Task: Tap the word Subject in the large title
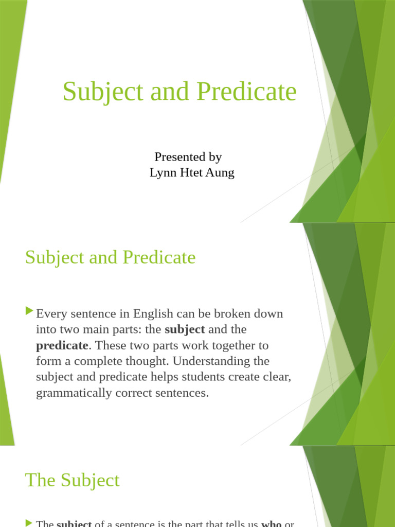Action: (x=103, y=92)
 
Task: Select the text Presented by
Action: (x=188, y=157)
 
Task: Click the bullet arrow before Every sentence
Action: (x=29, y=311)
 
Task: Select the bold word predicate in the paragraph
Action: (x=62, y=345)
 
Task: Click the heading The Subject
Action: (x=72, y=480)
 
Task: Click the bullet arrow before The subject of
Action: (x=29, y=523)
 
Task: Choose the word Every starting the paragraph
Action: (x=50, y=313)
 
